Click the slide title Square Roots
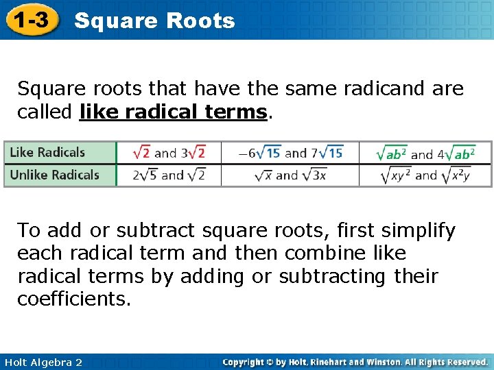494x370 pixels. (x=154, y=21)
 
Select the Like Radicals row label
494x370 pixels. (x=47, y=152)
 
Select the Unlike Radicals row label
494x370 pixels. (x=54, y=175)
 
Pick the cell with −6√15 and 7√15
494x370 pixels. (x=290, y=152)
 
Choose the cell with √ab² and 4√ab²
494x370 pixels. (x=425, y=153)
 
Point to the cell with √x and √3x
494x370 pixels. (x=290, y=175)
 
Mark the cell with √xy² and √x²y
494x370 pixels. (x=425, y=175)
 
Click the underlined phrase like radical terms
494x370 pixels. (x=172, y=112)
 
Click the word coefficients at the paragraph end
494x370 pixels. (x=73, y=299)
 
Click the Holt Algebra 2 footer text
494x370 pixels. (x=42, y=362)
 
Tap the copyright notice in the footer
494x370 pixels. (x=355, y=362)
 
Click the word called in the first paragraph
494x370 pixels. (x=45, y=112)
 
